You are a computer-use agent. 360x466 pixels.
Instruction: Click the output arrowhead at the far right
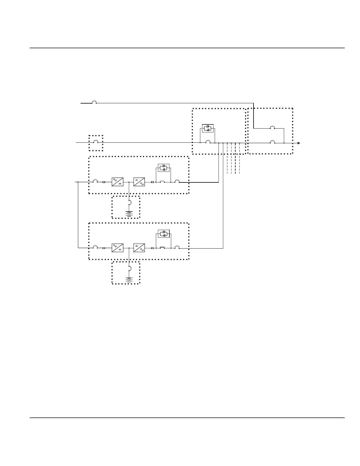pos(299,143)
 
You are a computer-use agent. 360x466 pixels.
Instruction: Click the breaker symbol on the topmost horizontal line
pos(94,102)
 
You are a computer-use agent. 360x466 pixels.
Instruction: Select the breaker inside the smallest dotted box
pos(96,142)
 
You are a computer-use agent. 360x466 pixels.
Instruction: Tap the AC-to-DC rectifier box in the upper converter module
pos(117,182)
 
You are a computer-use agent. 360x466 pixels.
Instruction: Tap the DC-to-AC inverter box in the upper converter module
pos(139,182)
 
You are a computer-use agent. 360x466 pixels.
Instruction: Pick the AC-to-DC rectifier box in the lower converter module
pos(117,248)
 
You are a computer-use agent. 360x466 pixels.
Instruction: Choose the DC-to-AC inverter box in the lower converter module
pos(139,248)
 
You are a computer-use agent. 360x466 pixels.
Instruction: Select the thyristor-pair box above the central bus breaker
pos(208,128)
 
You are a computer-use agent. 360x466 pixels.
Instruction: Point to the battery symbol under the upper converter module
pos(129,213)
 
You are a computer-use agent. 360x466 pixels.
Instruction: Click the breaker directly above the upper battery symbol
pos(130,202)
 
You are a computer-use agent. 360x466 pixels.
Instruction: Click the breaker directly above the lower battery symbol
pos(130,269)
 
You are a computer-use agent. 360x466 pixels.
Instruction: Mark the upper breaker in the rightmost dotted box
pos(273,128)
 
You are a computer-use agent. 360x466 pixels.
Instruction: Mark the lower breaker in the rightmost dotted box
pos(273,142)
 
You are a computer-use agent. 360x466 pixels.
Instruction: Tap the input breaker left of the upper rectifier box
pos(96,181)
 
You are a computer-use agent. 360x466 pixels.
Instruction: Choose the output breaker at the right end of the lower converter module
pos(177,247)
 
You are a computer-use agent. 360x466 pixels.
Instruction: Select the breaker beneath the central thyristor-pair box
pos(208,142)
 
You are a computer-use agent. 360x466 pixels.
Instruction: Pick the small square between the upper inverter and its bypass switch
pos(152,182)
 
